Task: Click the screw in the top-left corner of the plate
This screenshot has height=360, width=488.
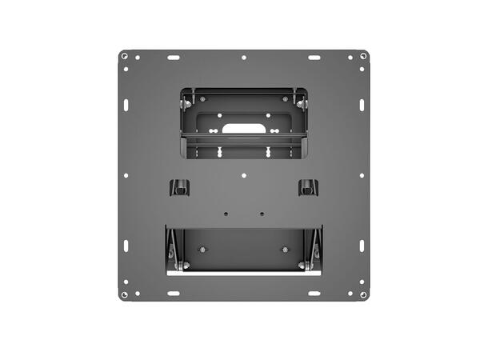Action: pyautogui.click(x=124, y=56)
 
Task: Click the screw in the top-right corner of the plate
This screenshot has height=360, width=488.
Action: pyautogui.click(x=363, y=56)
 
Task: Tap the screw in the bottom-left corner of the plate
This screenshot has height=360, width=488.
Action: pyautogui.click(x=124, y=294)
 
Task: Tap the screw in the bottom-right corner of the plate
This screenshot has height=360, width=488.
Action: pyautogui.click(x=363, y=294)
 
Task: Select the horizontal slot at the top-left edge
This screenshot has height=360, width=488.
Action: pyautogui.click(x=174, y=58)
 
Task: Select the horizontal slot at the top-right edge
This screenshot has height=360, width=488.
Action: pyautogui.click(x=314, y=58)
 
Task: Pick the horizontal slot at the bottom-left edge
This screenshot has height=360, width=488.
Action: pyautogui.click(x=174, y=294)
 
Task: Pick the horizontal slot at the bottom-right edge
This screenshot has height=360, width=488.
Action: pyautogui.click(x=314, y=294)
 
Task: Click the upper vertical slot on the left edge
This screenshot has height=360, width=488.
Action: pyautogui.click(x=126, y=105)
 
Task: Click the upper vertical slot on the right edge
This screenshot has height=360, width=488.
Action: pyautogui.click(x=362, y=105)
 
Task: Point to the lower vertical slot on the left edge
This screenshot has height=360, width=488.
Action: pyautogui.click(x=126, y=246)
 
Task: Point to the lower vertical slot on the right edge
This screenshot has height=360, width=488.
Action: pyautogui.click(x=362, y=246)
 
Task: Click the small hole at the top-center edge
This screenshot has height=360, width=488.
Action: pyautogui.click(x=244, y=58)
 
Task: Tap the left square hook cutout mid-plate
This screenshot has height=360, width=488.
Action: pyautogui.click(x=180, y=188)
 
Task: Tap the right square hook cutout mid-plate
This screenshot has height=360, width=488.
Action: pyautogui.click(x=307, y=188)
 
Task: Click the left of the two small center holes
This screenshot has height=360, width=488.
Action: pyautogui.click(x=226, y=214)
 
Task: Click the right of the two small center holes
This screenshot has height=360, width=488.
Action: pyautogui.click(x=262, y=214)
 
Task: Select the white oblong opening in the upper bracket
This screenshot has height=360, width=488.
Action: pyautogui.click(x=243, y=127)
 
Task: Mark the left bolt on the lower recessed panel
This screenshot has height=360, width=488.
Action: pyautogui.click(x=202, y=249)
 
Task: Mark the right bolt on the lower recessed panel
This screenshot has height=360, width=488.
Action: pyautogui.click(x=286, y=249)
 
